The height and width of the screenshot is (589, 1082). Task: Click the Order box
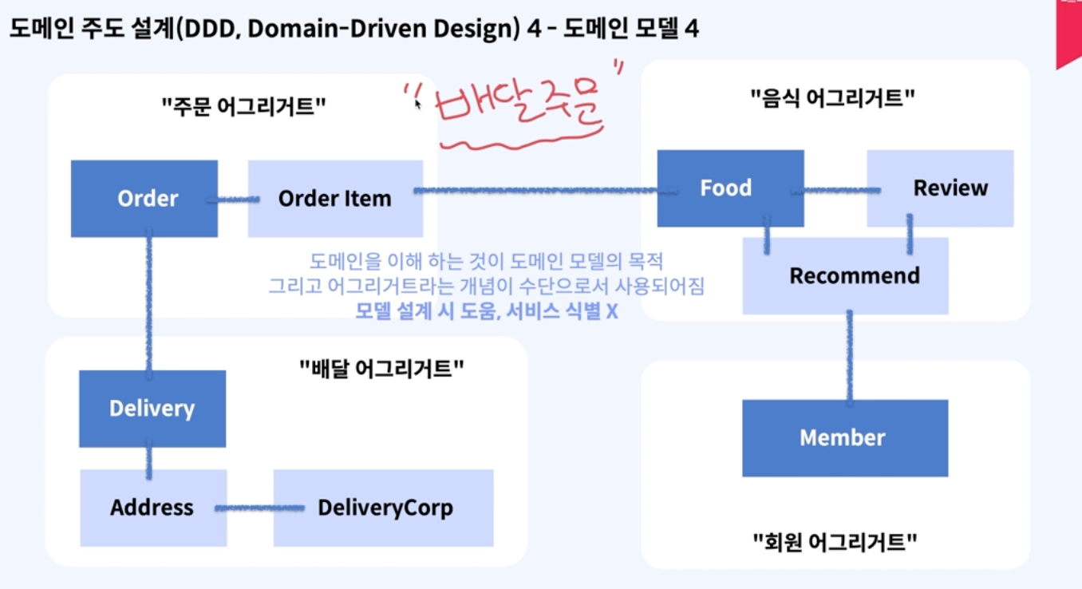coord(144,199)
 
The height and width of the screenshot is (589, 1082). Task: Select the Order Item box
coord(335,199)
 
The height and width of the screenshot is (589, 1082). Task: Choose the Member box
coord(845,438)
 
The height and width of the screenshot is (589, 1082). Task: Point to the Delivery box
coord(152,409)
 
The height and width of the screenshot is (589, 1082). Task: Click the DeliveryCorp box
coord(384,508)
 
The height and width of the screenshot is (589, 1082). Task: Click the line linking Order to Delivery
coord(148,303)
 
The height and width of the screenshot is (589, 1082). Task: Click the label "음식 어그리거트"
coord(832,98)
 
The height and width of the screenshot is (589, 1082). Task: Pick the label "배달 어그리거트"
coord(381,368)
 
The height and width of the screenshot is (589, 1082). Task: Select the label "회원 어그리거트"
coord(835,543)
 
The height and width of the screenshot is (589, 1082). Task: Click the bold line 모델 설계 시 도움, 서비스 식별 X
coord(487,310)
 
